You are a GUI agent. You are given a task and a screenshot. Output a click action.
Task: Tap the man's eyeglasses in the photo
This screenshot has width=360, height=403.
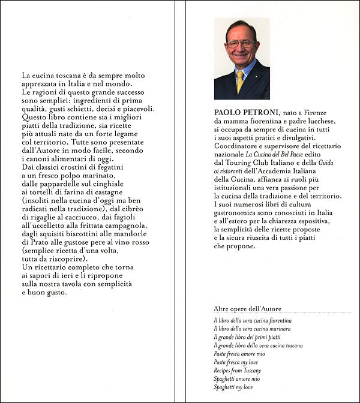241,44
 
